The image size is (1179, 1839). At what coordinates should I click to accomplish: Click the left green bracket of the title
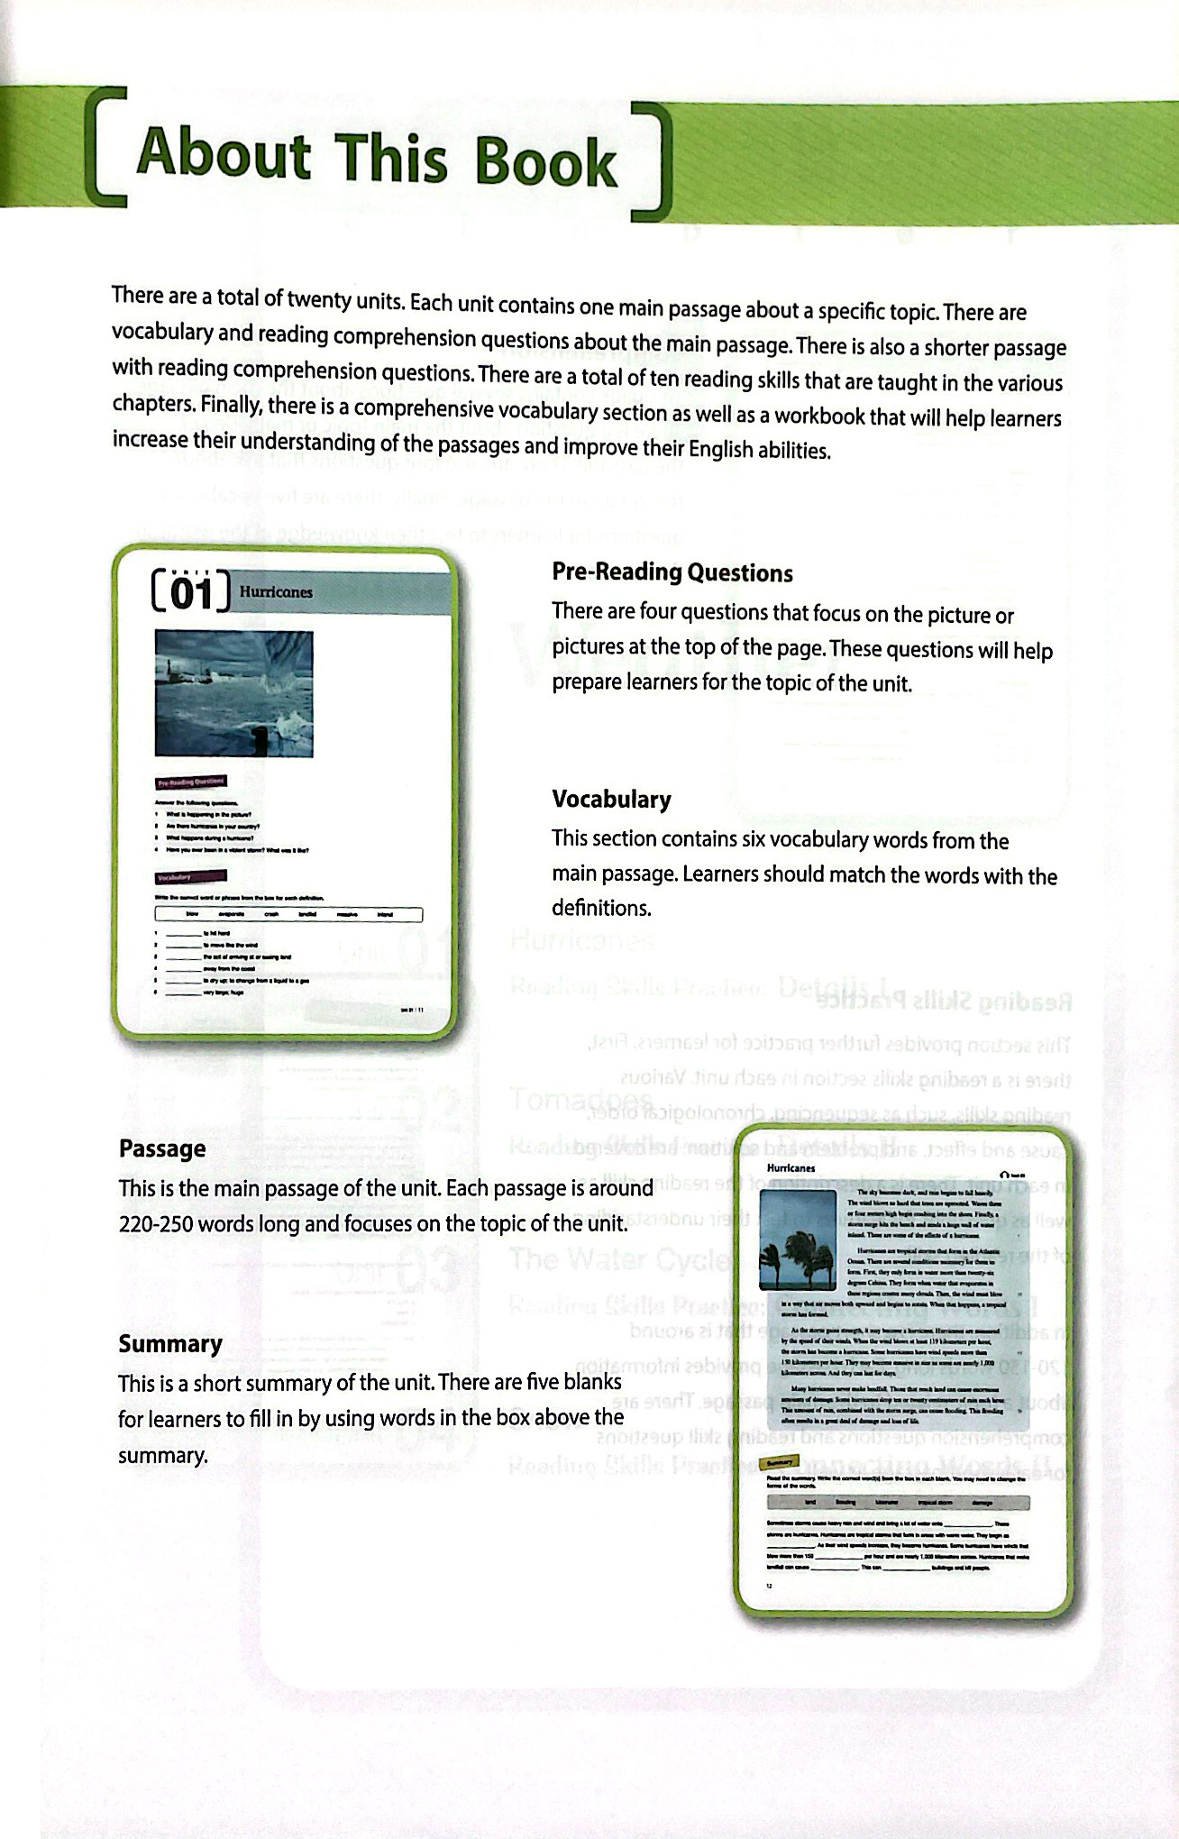coord(102,144)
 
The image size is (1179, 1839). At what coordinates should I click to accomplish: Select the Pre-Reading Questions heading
coord(672,572)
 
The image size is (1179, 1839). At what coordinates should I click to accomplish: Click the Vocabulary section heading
coord(611,800)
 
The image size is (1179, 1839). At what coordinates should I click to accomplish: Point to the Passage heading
coord(162,1148)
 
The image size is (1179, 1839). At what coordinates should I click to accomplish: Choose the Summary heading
coord(169,1343)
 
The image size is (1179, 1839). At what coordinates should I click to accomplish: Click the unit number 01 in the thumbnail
coord(191,594)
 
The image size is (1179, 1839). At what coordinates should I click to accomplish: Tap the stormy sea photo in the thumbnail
coord(233,692)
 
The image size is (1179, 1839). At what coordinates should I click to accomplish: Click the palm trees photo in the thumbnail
coord(798,1240)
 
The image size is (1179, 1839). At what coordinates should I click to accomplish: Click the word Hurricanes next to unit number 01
coord(276,592)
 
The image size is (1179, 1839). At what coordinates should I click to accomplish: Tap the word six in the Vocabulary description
coord(750,840)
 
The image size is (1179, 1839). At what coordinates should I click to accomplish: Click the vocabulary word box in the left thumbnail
coord(288,914)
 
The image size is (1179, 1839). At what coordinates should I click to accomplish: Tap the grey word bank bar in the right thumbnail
coord(898,1503)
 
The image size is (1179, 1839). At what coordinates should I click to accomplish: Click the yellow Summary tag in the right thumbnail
coord(781,1464)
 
